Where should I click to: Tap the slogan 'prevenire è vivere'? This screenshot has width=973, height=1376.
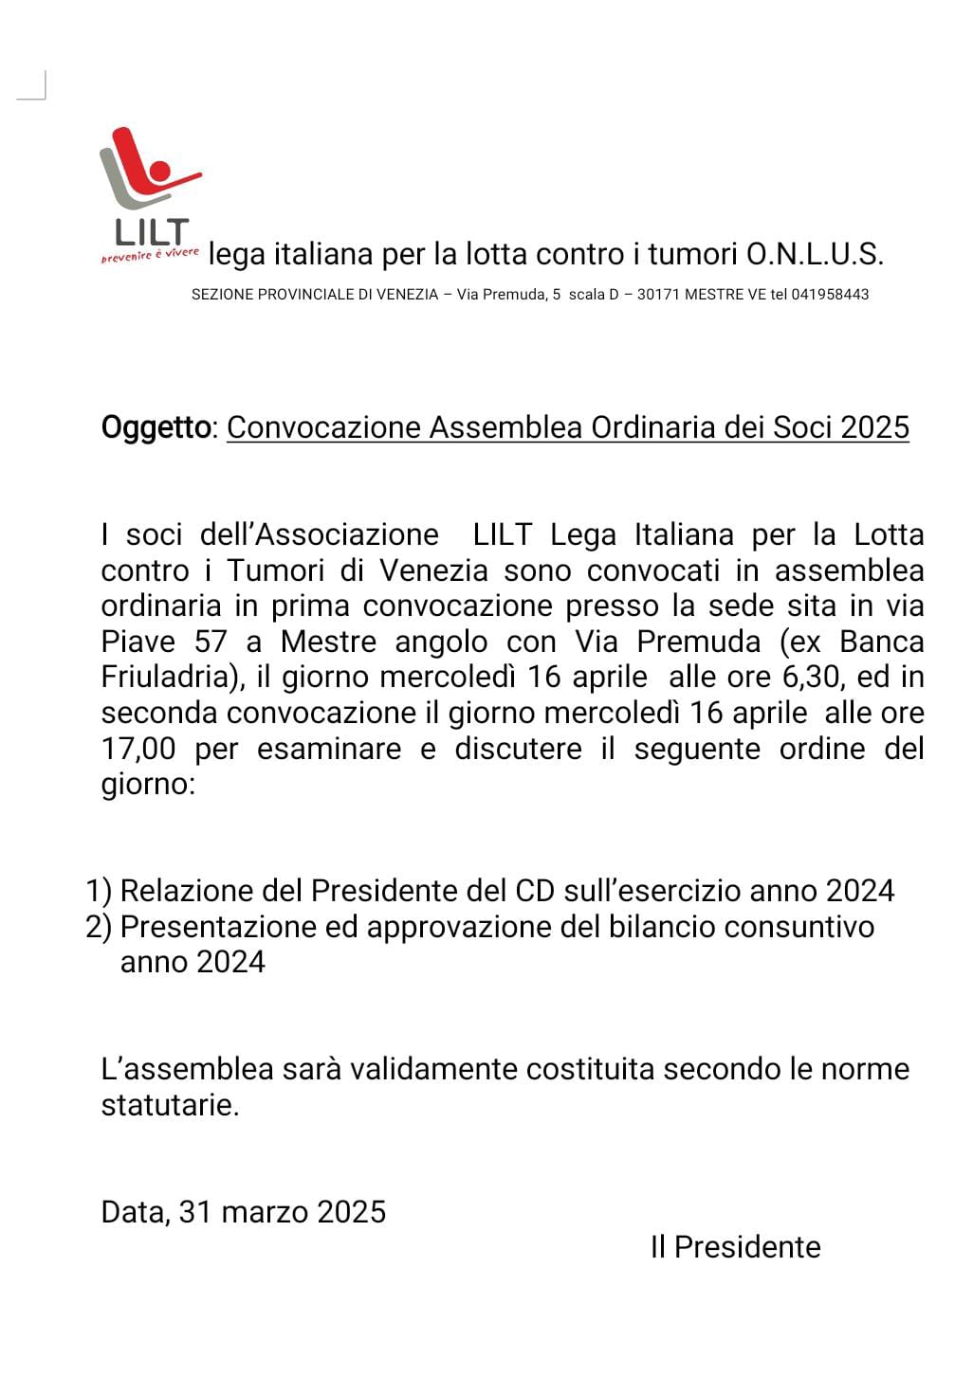[150, 255]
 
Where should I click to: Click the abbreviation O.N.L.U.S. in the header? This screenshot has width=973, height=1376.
[815, 254]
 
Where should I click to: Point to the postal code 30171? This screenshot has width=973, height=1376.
[657, 295]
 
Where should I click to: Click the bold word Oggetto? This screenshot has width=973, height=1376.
[156, 427]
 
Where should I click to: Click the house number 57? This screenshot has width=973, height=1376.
[211, 643]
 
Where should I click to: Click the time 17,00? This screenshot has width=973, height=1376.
[138, 750]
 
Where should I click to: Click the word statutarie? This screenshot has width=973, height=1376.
[170, 1105]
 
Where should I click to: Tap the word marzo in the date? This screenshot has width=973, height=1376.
[264, 1212]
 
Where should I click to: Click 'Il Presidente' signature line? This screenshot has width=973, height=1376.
[735, 1247]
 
